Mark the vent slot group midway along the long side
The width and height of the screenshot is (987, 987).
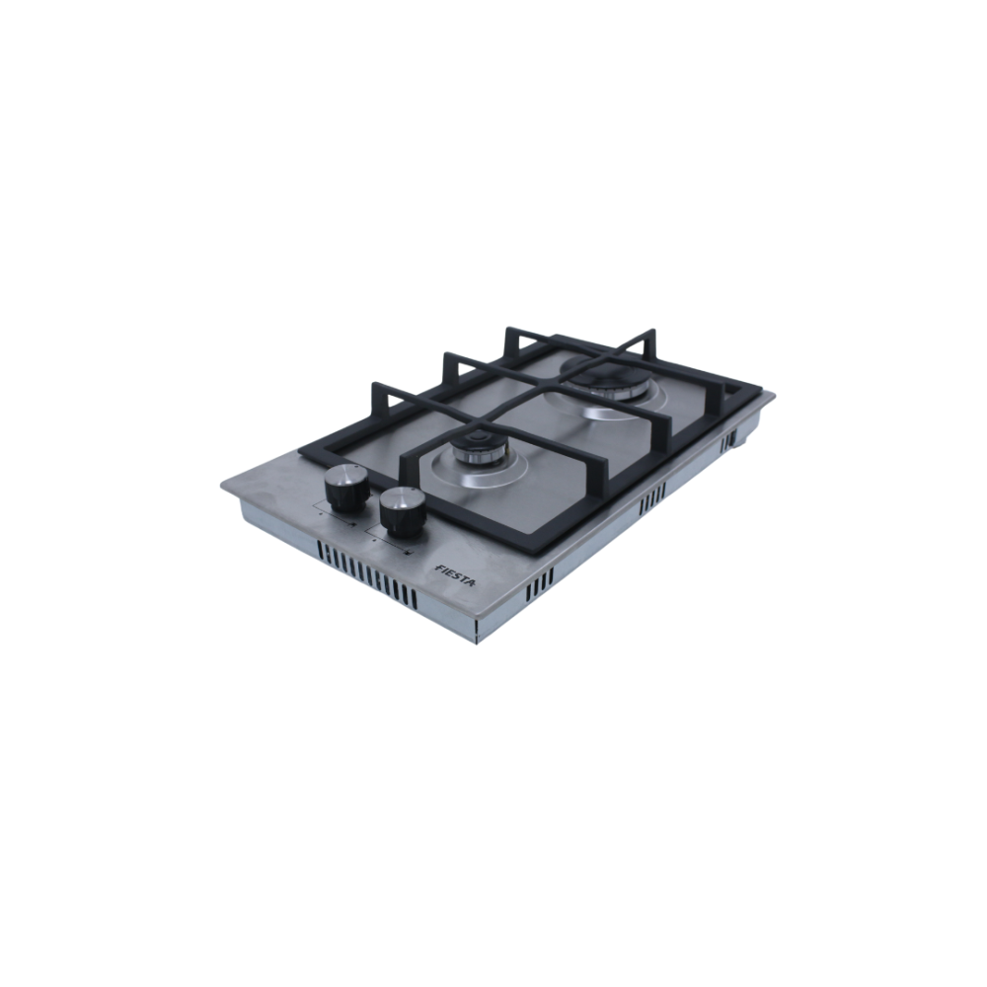click(652, 494)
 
